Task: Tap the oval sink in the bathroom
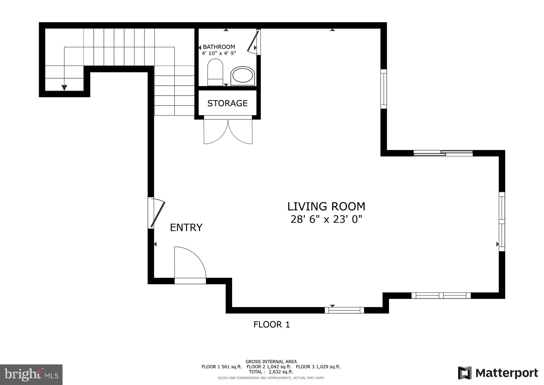(x=243, y=76)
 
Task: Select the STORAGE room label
(x=227, y=103)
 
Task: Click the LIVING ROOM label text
(x=326, y=206)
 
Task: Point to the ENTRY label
(x=186, y=228)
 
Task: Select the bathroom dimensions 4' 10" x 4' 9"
(x=219, y=53)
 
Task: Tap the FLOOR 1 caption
(x=271, y=325)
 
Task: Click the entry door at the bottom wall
(x=190, y=265)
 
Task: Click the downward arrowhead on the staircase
(x=64, y=88)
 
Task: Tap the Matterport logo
(x=498, y=373)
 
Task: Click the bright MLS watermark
(x=31, y=375)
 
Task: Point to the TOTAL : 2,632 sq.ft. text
(x=271, y=372)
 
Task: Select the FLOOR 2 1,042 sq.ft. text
(x=269, y=367)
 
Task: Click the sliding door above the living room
(x=443, y=153)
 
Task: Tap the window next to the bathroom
(x=383, y=89)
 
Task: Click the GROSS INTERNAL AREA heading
(x=271, y=362)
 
